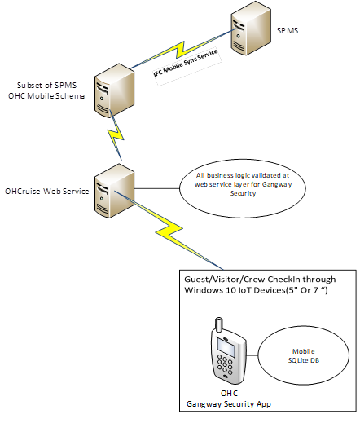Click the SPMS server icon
pyautogui.click(x=249, y=32)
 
